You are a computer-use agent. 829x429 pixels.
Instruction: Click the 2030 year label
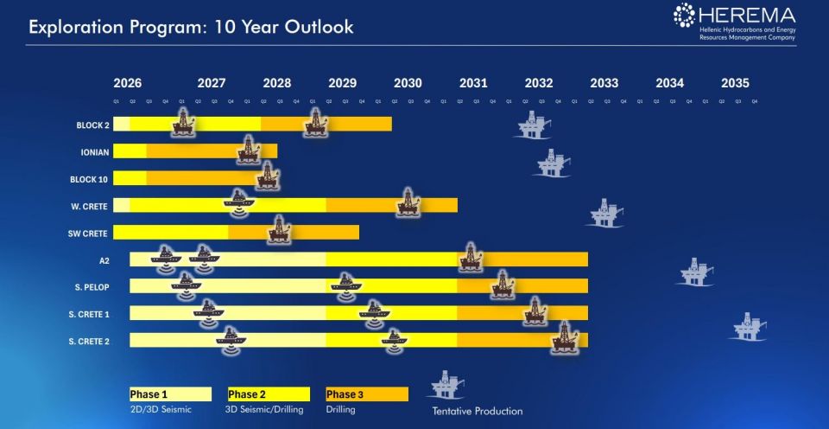click(408, 84)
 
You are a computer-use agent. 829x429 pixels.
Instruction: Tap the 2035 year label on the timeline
click(735, 84)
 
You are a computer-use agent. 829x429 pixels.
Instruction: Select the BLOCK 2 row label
click(92, 125)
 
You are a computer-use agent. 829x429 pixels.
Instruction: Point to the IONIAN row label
click(93, 152)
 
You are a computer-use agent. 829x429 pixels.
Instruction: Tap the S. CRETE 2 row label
click(89, 341)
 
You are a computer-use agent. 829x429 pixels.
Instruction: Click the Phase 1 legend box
click(170, 394)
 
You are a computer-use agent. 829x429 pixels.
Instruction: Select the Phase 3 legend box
click(366, 394)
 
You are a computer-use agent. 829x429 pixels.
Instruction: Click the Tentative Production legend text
click(478, 411)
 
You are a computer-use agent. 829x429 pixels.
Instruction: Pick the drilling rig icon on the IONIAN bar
click(249, 150)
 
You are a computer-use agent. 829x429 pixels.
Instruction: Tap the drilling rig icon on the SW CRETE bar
click(277, 230)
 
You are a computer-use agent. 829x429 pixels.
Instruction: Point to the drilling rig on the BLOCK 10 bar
click(268, 176)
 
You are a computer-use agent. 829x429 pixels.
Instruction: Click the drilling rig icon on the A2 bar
click(470, 257)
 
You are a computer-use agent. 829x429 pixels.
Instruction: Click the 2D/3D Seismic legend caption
click(161, 410)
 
